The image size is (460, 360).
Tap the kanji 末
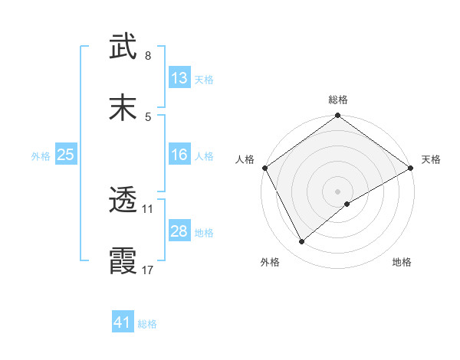[123, 106]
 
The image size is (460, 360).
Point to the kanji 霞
[123, 260]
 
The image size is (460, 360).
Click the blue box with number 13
[179, 77]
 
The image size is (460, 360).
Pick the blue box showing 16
[179, 155]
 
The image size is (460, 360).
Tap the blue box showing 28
[179, 231]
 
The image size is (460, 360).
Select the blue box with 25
[66, 155]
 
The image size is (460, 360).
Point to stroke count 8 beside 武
[148, 56]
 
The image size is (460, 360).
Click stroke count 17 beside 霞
[148, 270]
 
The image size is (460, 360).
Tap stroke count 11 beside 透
[148, 208]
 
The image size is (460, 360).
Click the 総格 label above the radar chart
[338, 100]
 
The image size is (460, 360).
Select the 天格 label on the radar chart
[431, 159]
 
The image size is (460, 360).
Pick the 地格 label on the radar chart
[402, 262]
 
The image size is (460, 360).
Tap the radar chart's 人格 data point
[264, 168]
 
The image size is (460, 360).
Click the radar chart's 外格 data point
[302, 242]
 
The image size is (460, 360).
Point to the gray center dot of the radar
[338, 191]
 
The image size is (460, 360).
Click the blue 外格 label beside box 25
[41, 155]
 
